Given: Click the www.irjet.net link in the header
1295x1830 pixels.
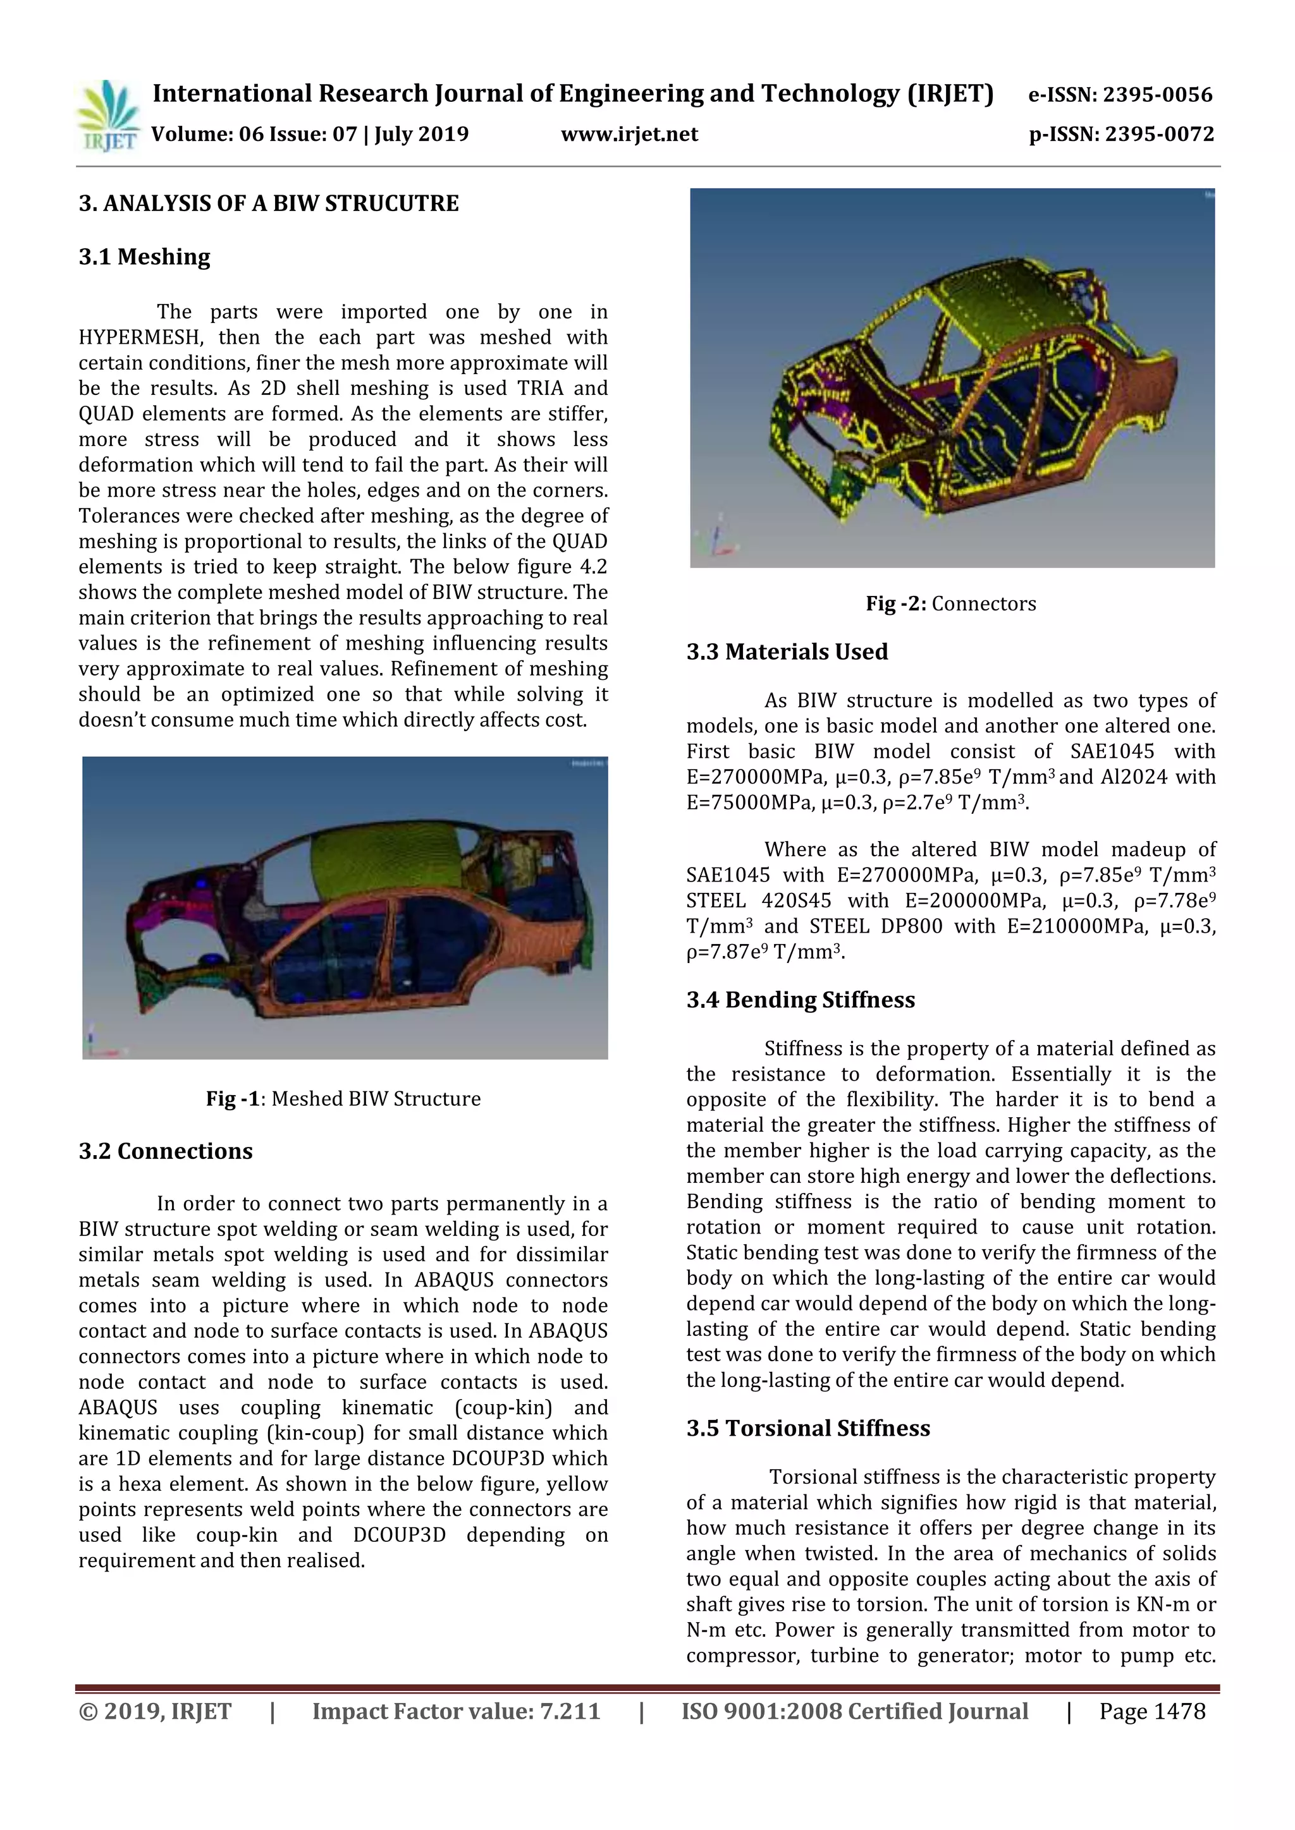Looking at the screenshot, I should (629, 134).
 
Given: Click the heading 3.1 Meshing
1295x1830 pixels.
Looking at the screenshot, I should (144, 257).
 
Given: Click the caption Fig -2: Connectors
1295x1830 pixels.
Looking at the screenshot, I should (950, 603).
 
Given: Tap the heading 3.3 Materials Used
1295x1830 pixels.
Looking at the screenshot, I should (787, 652).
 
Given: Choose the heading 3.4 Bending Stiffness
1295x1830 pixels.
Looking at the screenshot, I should (801, 1000).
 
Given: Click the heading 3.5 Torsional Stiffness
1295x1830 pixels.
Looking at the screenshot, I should (807, 1427).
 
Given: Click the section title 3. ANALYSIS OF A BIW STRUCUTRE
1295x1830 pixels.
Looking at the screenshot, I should (269, 203).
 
